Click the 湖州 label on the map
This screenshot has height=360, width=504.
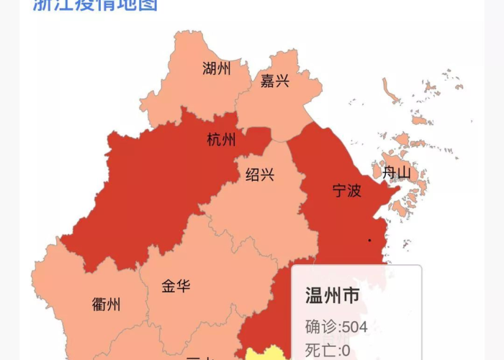[x=217, y=69]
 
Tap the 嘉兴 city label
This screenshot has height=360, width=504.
[x=274, y=81]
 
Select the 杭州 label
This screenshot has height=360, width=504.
[x=221, y=140]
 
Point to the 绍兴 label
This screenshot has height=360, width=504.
[x=259, y=175]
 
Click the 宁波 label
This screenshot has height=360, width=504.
[x=346, y=191]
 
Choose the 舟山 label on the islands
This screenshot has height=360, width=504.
[x=396, y=173]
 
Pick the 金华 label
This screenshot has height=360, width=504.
[x=176, y=286]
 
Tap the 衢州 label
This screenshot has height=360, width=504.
[x=107, y=304]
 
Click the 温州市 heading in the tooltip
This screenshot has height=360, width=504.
[x=332, y=296]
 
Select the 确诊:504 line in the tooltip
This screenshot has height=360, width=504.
[x=336, y=327]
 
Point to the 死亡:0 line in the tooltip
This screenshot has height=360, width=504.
[x=328, y=351]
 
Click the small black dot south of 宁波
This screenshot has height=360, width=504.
[x=369, y=240]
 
